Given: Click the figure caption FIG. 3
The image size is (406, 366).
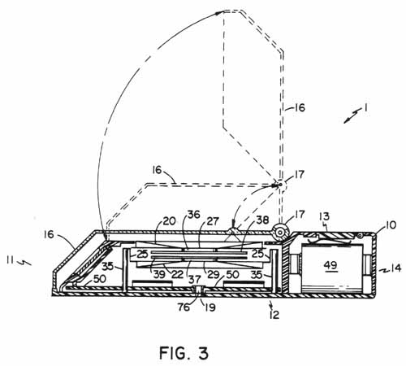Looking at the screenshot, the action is coord(184,353).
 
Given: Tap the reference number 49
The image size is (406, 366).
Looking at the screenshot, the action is coord(330,265).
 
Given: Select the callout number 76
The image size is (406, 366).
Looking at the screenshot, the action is coord(184,307).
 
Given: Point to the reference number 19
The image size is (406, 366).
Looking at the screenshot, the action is coord(209,307).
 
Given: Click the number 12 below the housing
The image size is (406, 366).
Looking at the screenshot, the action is coord(274,315).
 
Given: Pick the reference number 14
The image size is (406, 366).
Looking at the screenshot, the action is coord(395,268).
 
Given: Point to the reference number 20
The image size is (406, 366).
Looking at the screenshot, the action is coord(170,221).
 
